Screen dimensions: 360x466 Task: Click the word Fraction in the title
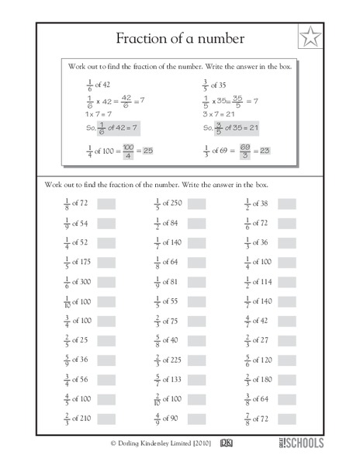(142, 38)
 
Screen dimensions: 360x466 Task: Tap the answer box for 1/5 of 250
(196, 203)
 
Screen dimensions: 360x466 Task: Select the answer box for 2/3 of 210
(106, 417)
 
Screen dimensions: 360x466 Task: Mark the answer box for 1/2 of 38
(287, 203)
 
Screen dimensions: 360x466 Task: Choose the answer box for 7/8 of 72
(287, 417)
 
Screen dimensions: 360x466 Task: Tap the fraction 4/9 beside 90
(157, 417)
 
